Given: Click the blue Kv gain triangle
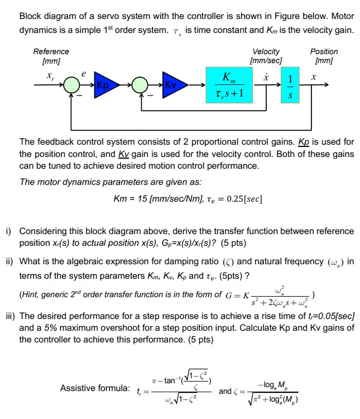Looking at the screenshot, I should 171,85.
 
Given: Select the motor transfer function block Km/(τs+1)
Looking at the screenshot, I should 229,85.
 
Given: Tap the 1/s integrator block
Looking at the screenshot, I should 289,85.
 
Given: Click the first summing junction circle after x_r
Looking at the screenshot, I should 71,85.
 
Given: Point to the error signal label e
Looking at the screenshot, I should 84,73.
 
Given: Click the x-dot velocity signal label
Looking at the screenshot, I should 266,77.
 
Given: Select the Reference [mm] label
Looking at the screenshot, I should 51,56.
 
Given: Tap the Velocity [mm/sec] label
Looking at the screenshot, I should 266,56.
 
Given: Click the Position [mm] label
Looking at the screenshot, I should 324,56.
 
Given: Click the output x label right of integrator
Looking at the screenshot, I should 314,77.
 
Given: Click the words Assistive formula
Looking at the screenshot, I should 94,388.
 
